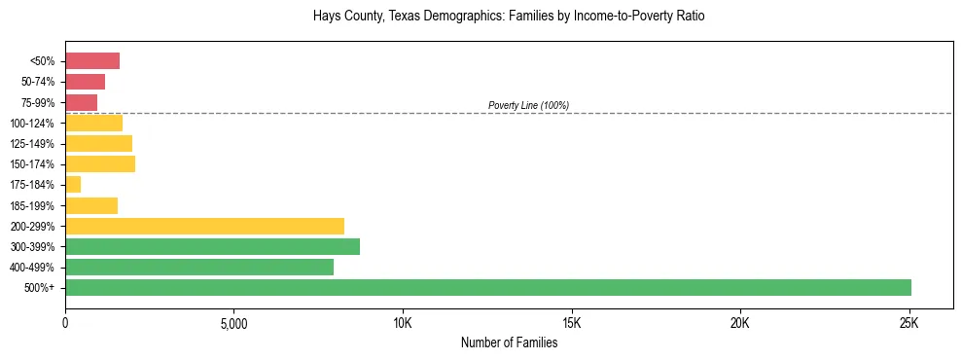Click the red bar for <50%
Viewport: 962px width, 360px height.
tap(92, 61)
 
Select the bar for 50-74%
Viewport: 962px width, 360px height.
tap(85, 82)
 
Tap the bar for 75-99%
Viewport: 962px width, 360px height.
tap(81, 102)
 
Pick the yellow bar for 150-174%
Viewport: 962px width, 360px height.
tap(100, 164)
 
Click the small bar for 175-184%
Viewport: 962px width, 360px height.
tap(73, 185)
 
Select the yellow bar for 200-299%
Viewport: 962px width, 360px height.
tap(204, 226)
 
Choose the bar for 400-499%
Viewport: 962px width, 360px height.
tap(199, 268)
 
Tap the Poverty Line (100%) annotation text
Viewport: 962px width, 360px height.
tap(528, 105)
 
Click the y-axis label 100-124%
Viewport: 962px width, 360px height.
tap(33, 124)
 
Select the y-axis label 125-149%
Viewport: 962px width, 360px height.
tap(33, 144)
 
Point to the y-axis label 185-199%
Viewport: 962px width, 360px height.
tap(33, 206)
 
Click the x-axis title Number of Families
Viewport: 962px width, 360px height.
tap(509, 342)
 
